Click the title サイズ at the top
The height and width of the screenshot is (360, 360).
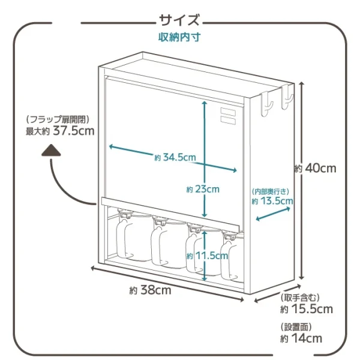click(x=179, y=22)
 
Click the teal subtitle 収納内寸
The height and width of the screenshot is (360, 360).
click(x=179, y=37)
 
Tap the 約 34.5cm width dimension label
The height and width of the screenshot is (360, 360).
click(x=175, y=157)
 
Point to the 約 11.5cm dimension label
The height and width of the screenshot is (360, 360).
click(x=207, y=255)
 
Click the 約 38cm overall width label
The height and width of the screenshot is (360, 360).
click(x=150, y=290)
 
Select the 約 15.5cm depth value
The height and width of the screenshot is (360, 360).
click(x=306, y=310)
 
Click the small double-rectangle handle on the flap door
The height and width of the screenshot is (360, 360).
click(x=229, y=115)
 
